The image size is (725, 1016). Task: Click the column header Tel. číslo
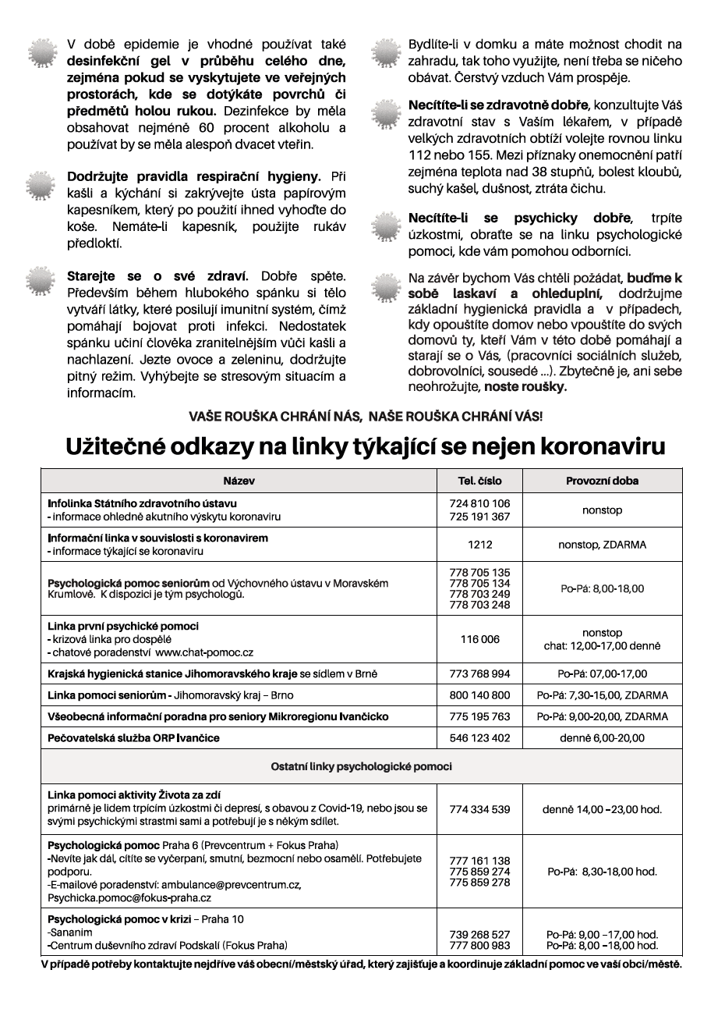coord(479,481)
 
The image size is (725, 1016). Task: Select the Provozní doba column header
coord(602,481)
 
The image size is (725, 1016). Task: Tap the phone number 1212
coord(479,545)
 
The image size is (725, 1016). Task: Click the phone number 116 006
coord(479,639)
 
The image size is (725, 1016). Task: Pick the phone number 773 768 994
coord(479,673)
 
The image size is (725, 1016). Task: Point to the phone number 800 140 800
coord(479,695)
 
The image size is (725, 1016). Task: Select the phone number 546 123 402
coord(479,737)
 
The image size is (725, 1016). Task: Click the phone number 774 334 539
coord(479,809)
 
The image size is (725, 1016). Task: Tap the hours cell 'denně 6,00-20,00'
coord(602,737)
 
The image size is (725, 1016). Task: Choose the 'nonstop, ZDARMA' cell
coord(602,545)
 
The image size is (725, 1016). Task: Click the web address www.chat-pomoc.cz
coord(204,652)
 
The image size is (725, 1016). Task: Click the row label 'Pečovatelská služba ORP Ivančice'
coord(134,737)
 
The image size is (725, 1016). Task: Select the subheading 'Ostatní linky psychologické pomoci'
coord(361,766)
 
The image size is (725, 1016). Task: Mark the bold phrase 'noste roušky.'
coord(525,386)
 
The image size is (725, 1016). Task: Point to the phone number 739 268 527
coord(479,934)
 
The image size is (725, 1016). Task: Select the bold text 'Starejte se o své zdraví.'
coord(157,276)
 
